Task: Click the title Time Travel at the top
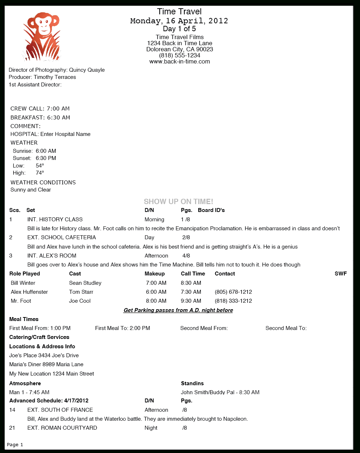coord(179,11)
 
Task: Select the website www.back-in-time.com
coord(180,62)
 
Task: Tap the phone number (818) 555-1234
coord(180,55)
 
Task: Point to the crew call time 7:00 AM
coord(58,109)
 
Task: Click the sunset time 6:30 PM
coord(46,158)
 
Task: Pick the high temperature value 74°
coord(40,173)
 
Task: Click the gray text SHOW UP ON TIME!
coord(179,202)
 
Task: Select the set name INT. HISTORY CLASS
coord(55,220)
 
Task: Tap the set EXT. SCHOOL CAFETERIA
coord(62,237)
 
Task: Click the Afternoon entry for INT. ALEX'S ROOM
coord(156,256)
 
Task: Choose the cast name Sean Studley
coord(85,283)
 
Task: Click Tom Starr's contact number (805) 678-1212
coord(233,292)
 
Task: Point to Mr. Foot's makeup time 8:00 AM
coord(156,301)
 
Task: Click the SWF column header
coord(341,274)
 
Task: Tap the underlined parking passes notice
coord(178,310)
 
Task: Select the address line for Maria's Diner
coord(46,364)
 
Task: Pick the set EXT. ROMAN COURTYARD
coord(62,428)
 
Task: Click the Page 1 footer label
coord(15,445)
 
